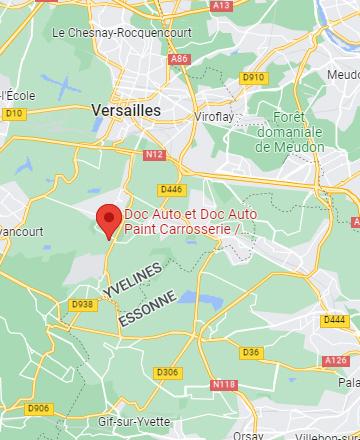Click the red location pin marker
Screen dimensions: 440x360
107,219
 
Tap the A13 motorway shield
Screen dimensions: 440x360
221,5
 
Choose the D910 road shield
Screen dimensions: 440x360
253,77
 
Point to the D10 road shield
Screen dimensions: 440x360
13,114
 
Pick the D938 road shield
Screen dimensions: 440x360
83,305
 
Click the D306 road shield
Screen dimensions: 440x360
168,372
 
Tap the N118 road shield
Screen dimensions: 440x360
224,384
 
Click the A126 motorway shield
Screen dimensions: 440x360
336,361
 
